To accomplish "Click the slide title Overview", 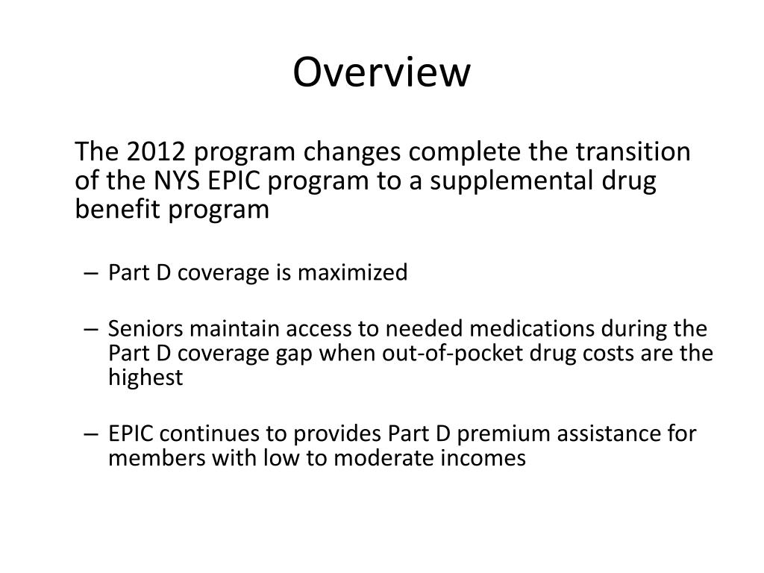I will tap(381, 73).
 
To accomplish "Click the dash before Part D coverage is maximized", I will tap(91, 274).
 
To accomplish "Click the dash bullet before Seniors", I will tap(91, 330).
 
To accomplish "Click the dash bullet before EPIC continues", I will tap(91, 434).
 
